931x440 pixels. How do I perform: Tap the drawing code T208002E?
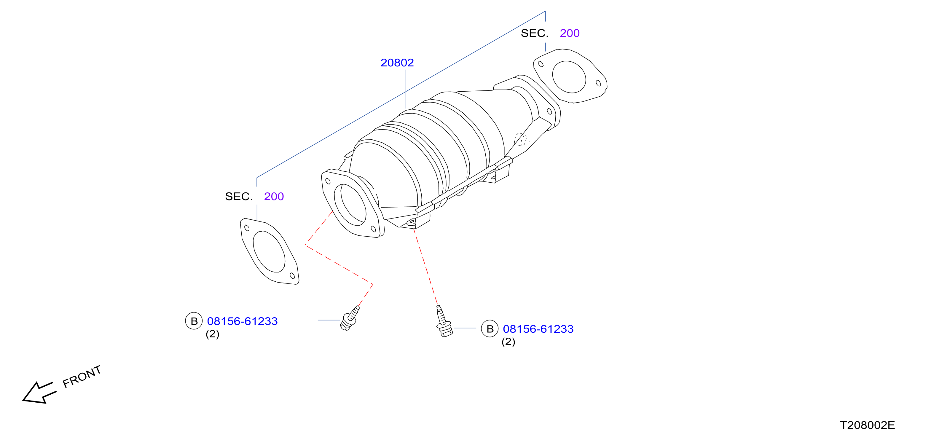coord(867,425)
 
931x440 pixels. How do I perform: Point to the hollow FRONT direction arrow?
coord(39,393)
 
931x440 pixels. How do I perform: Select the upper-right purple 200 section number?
coord(570,33)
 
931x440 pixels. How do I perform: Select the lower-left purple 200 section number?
coord(274,196)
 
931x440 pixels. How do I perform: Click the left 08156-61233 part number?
coord(242,321)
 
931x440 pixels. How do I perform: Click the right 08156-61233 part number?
coord(538,329)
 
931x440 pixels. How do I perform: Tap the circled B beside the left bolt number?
coord(194,321)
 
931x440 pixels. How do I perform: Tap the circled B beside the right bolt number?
coord(490,329)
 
